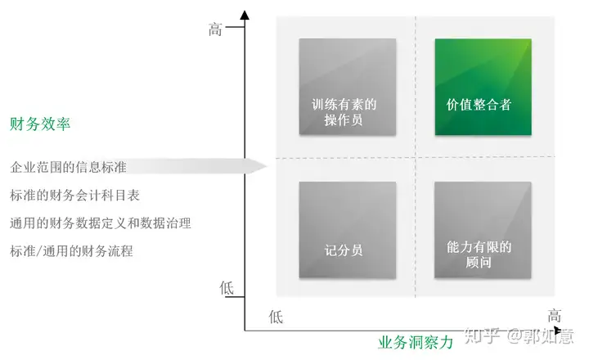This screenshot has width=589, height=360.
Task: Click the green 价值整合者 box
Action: tap(483, 87)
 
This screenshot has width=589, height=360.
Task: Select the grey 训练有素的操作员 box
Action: tap(348, 87)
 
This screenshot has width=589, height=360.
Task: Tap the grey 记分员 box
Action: tap(348, 230)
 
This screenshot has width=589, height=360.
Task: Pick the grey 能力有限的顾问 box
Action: tap(483, 230)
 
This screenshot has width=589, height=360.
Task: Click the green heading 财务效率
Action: tap(40, 124)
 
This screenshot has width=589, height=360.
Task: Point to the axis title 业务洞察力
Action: tap(416, 342)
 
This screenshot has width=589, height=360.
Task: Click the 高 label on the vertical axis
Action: tap(215, 29)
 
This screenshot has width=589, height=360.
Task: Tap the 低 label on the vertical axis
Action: tap(227, 288)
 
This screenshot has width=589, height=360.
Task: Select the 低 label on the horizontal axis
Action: tap(276, 317)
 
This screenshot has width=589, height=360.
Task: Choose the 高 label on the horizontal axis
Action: tap(554, 316)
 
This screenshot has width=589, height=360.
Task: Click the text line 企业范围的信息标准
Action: tap(68, 167)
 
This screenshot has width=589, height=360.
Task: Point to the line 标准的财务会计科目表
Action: tap(74, 195)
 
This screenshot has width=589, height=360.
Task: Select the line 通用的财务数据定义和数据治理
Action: tap(101, 223)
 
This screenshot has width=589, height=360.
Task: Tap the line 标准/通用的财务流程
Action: tap(71, 251)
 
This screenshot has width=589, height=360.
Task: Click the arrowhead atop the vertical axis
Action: tap(245, 15)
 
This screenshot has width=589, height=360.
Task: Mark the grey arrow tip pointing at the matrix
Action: tap(266, 166)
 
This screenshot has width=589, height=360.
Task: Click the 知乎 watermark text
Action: tap(483, 335)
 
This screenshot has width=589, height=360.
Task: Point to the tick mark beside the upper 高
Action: tap(235, 28)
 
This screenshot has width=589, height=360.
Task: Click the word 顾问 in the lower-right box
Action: tap(479, 262)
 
